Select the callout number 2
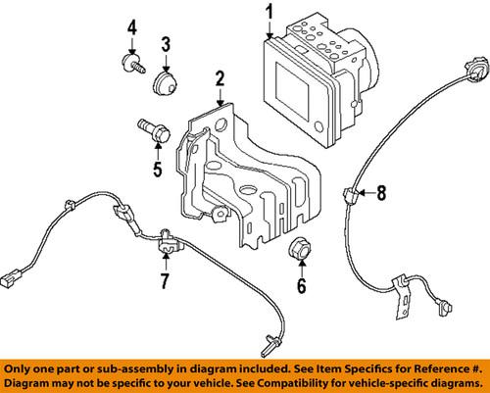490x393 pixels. coord(220,78)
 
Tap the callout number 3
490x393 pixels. coord(166,44)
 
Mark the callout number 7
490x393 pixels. coord(164,284)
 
